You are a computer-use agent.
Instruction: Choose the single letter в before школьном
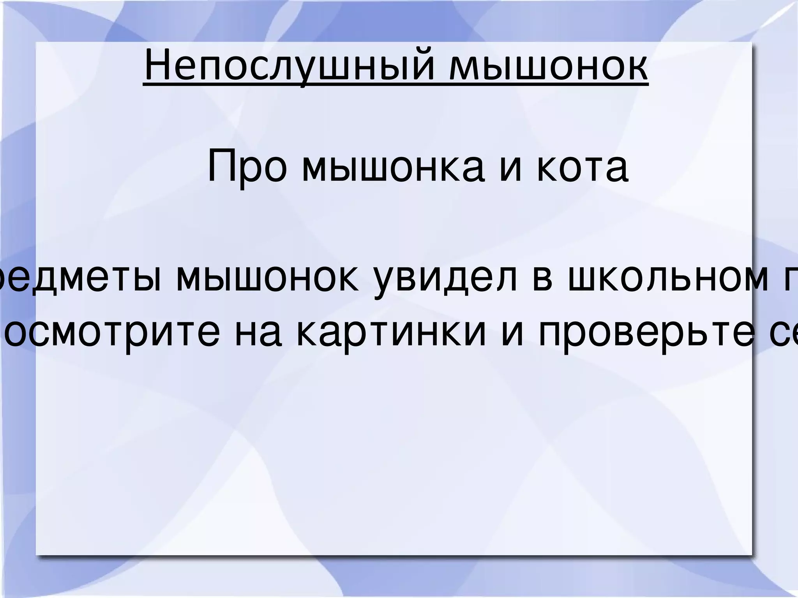542,279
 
